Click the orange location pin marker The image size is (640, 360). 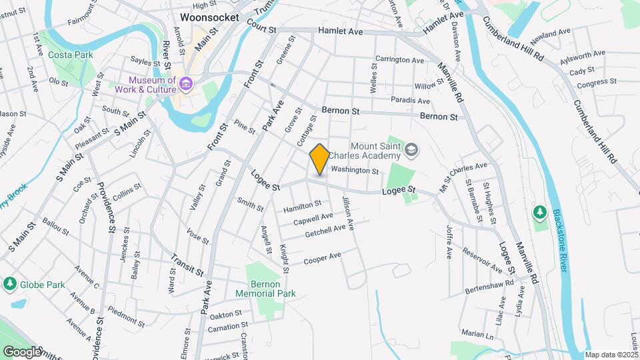click(x=320, y=159)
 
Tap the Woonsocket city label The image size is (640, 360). click(x=209, y=17)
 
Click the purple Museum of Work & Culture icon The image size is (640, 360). click(x=186, y=85)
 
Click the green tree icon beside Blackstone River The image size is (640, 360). click(x=539, y=213)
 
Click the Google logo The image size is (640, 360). click(x=21, y=351)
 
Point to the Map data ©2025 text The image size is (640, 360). click(x=611, y=355)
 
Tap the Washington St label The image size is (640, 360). click(x=355, y=171)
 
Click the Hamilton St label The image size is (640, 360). click(x=302, y=207)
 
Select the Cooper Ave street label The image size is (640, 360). click(x=322, y=258)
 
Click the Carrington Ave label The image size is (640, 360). click(x=399, y=60)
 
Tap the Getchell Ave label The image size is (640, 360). click(x=325, y=231)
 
